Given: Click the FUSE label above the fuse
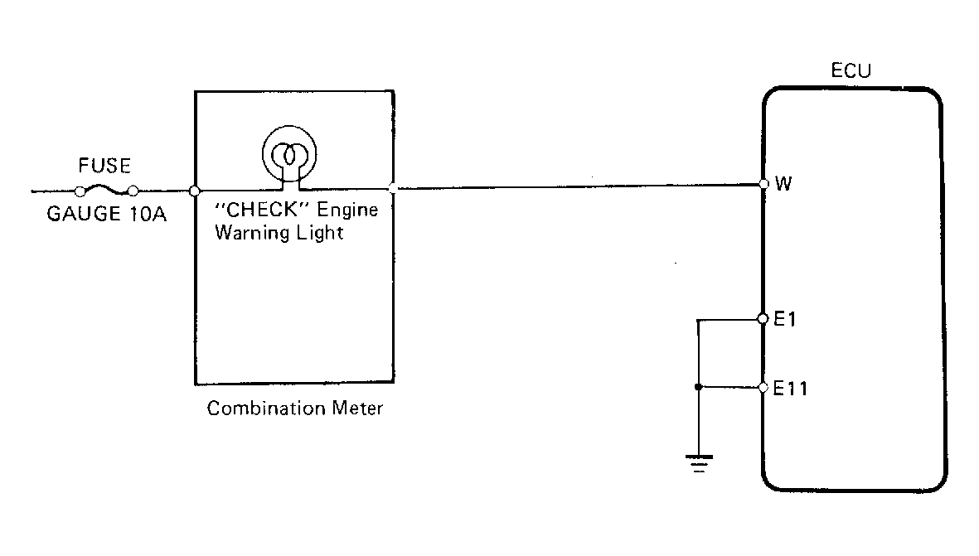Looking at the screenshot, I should tap(104, 166).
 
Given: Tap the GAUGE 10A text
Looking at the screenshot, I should tap(107, 215).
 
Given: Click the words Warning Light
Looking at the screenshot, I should tap(279, 233).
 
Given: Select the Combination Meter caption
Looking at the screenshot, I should tap(295, 409).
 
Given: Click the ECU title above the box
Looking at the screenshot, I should tap(851, 71).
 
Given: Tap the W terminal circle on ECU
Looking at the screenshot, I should tap(763, 184).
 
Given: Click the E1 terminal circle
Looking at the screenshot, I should tap(763, 318).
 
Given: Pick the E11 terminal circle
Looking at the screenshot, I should tap(763, 387).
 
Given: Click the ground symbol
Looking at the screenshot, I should tap(699, 461).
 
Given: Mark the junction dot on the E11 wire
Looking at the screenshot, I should tap(699, 387).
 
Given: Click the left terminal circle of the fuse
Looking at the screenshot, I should tap(80, 191).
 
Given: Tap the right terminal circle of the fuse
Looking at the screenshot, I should tap(132, 191).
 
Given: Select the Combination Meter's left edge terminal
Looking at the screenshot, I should tap(194, 191).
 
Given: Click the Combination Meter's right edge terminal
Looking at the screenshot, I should tap(392, 189).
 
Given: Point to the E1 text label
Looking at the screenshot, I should tap(784, 318).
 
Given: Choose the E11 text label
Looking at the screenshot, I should tap(790, 387).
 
